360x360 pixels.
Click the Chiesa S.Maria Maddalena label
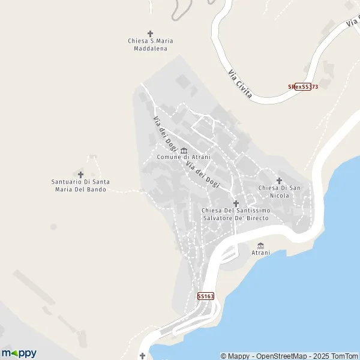[150, 44]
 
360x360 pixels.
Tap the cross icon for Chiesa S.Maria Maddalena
[150, 33]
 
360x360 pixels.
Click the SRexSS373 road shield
[302, 87]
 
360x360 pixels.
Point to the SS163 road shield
[205, 296]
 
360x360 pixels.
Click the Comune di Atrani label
[180, 157]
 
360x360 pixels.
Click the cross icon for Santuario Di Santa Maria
[81, 174]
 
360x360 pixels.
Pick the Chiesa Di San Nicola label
[279, 191]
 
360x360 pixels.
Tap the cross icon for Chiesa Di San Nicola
[279, 180]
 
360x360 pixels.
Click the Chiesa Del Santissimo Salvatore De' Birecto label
[236, 214]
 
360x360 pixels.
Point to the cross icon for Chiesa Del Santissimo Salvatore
[236, 203]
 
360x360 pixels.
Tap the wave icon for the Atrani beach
[260, 245]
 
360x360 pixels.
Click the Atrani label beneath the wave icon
[260, 253]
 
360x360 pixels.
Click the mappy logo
[19, 353]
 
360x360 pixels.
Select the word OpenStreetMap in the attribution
[277, 356]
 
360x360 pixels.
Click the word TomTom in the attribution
[344, 356]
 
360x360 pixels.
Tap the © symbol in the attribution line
[224, 356]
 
